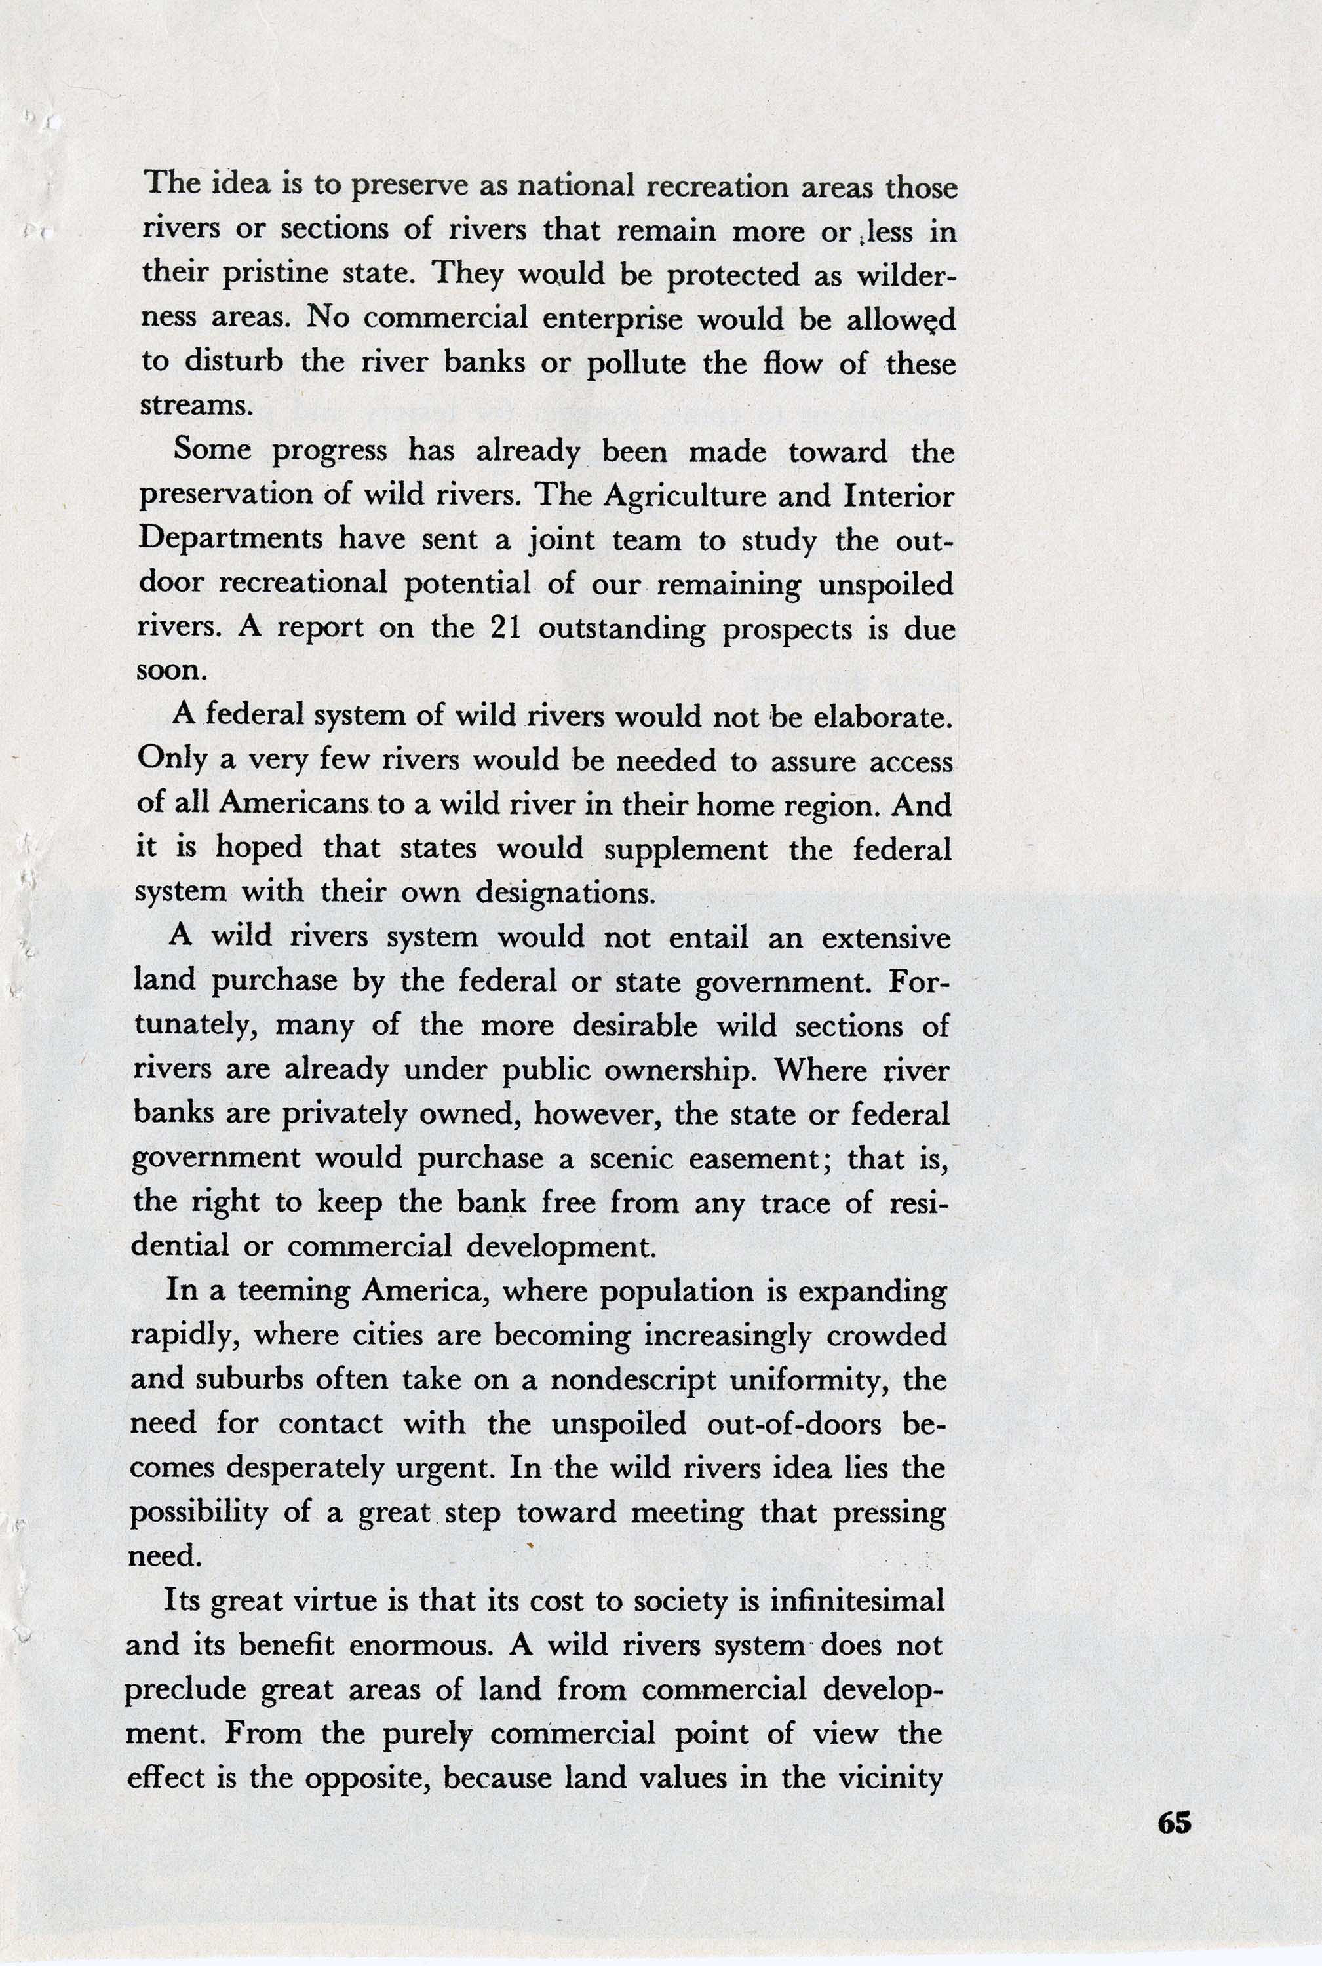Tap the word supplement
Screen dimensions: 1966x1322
(686, 849)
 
